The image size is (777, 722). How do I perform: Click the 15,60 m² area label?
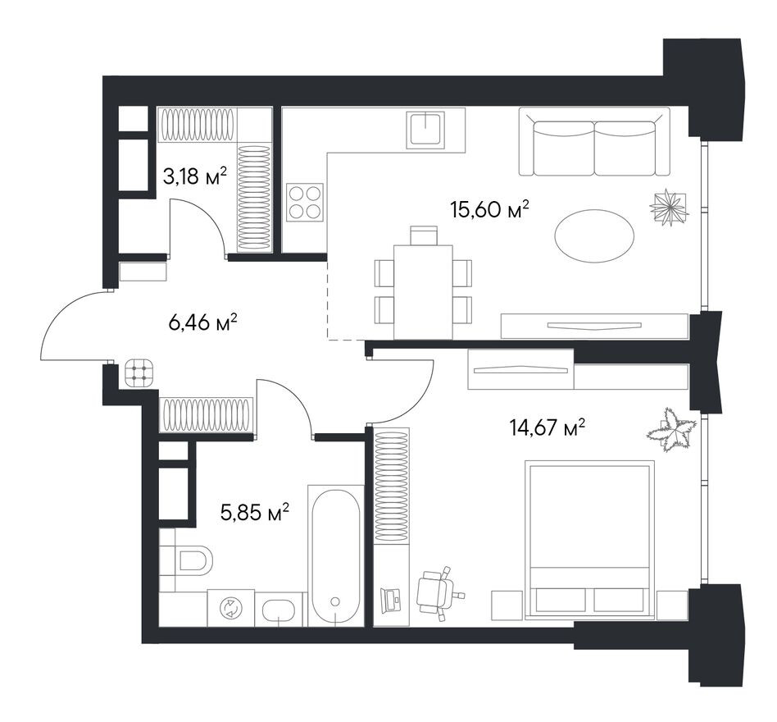(489, 209)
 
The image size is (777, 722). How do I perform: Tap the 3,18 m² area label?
(195, 176)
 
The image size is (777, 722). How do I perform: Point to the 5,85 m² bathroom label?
(255, 513)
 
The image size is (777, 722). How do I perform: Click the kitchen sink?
(425, 130)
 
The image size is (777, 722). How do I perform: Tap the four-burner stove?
(305, 203)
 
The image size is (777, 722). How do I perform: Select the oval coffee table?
(594, 236)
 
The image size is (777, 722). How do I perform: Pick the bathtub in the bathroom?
(336, 555)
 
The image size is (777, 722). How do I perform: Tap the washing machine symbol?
(231, 608)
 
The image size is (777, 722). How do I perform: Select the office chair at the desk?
(438, 592)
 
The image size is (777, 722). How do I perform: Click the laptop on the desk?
(391, 601)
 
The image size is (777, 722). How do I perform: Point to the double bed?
(589, 540)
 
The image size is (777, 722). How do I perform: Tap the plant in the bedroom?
(671, 429)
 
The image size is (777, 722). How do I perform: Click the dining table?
(423, 292)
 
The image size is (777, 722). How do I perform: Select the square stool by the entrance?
(139, 373)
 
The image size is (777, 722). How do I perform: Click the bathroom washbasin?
(280, 610)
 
